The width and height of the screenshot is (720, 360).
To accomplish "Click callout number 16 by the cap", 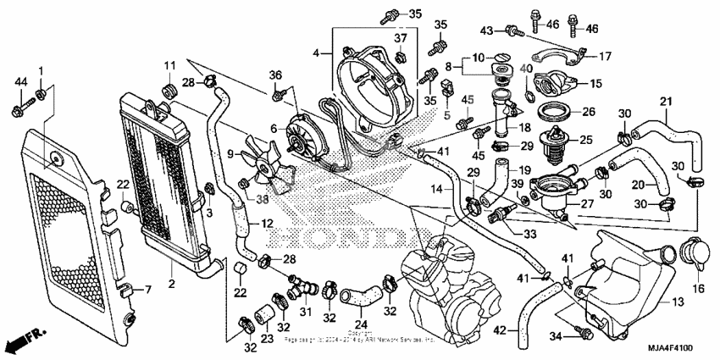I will click(699, 289).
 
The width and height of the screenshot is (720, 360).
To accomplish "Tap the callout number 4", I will click(316, 53).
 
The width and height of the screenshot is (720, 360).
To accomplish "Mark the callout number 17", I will click(606, 57).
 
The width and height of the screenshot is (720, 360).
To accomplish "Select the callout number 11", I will click(169, 64).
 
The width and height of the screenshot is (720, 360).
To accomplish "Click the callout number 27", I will click(586, 202).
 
